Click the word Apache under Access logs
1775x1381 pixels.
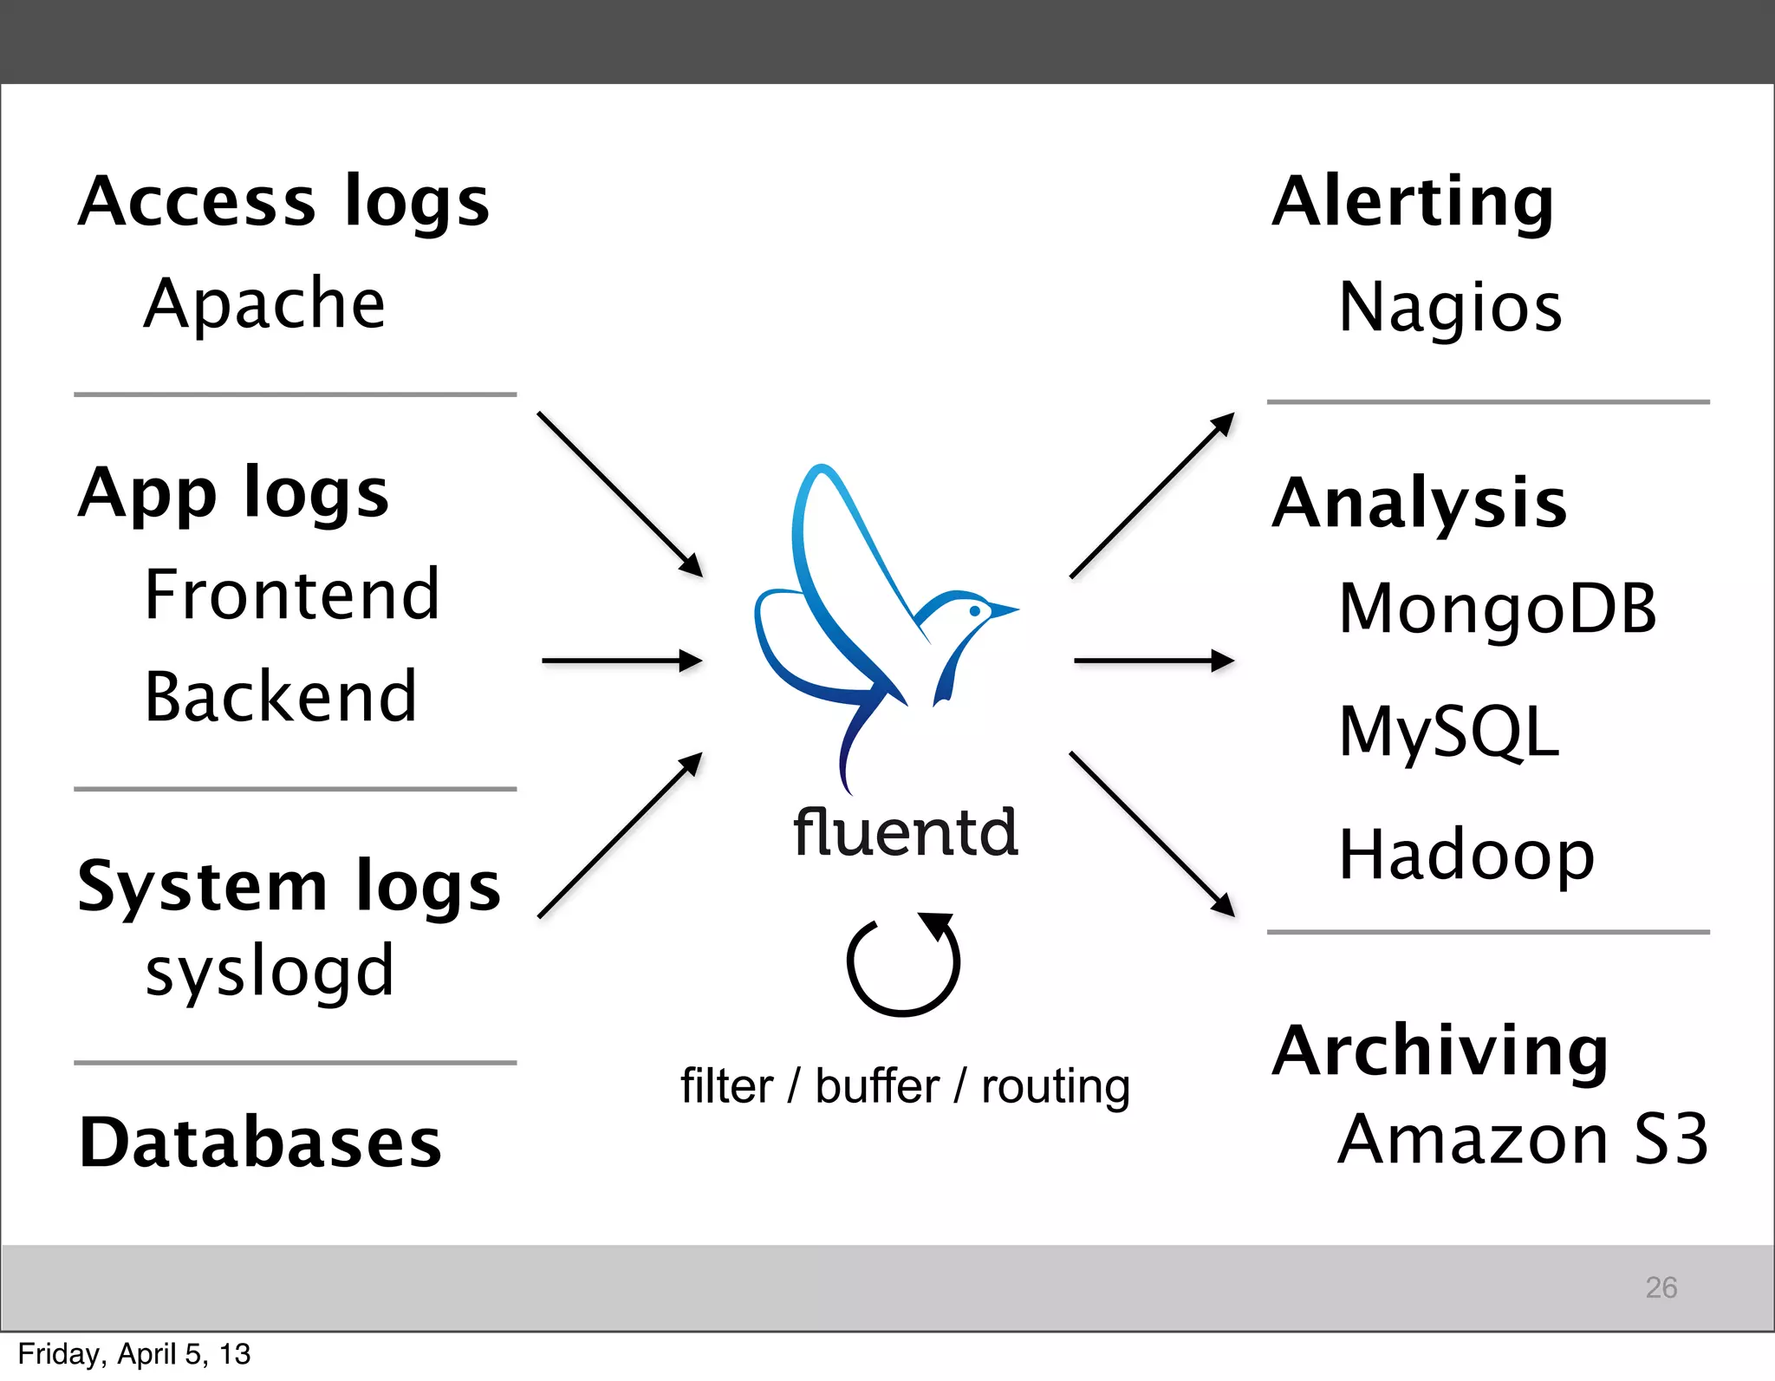tap(264, 304)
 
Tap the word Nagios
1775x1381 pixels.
tap(1450, 309)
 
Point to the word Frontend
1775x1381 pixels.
tap(292, 595)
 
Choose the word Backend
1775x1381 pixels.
tap(281, 697)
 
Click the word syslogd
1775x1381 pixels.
tap(270, 972)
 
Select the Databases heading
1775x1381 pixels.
tap(260, 1143)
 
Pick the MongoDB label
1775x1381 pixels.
tap(1497, 609)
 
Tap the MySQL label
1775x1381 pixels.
tap(1448, 733)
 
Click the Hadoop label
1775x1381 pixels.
tap(1466, 856)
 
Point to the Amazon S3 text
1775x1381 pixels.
tap(1522, 1139)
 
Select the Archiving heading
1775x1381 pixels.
tap(1440, 1051)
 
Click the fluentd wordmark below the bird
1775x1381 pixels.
tap(905, 832)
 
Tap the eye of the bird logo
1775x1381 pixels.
tap(975, 611)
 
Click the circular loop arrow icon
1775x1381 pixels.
tap(903, 964)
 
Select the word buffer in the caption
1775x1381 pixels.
tap(877, 1086)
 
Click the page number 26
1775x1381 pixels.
tap(1661, 1287)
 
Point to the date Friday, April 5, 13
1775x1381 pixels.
tap(134, 1354)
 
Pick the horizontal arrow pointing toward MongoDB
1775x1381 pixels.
tap(1153, 661)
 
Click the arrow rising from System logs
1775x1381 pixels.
tap(620, 835)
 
